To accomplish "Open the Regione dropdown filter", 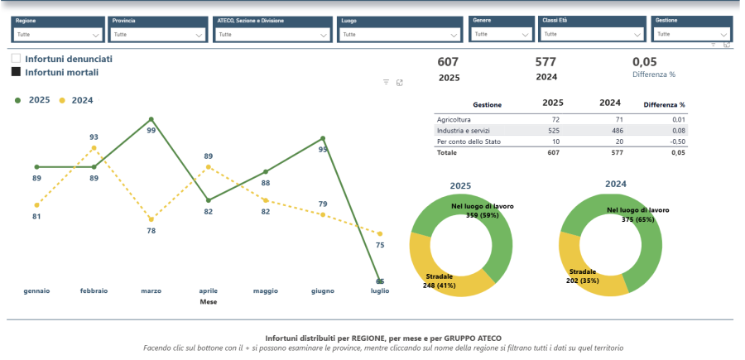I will [x=57, y=35].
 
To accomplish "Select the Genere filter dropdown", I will [x=502, y=34].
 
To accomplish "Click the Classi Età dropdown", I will [x=591, y=34].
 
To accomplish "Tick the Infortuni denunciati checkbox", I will [x=16, y=59].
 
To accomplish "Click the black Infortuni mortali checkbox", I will [x=16, y=72].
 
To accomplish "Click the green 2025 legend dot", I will [x=18, y=100].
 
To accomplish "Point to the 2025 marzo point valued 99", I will [x=151, y=119].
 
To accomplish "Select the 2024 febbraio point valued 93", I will [x=94, y=148].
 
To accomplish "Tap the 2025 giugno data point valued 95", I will [x=322, y=138].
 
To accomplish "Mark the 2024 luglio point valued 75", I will [x=380, y=234].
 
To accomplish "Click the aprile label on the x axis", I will [x=208, y=291].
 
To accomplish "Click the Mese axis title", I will [x=209, y=302].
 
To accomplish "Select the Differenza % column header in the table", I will [x=664, y=105].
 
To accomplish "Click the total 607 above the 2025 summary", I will [x=448, y=62].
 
